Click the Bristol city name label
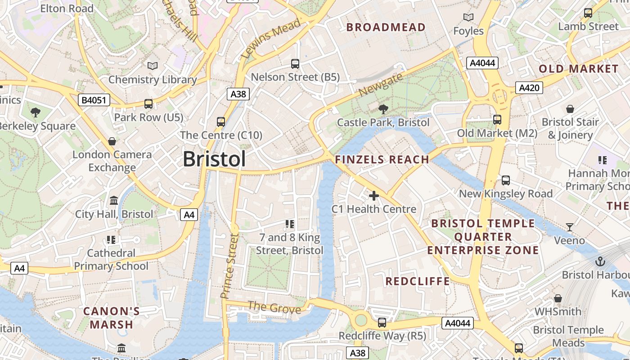(x=214, y=159)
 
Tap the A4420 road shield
(x=529, y=88)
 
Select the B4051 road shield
(x=94, y=100)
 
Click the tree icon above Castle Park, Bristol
(x=383, y=109)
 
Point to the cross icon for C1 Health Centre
(x=373, y=196)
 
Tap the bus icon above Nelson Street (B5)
(x=295, y=64)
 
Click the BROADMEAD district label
(x=386, y=27)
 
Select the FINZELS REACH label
(x=382, y=159)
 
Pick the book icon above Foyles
(x=468, y=18)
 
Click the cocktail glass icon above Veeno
(x=569, y=227)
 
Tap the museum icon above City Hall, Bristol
(x=114, y=200)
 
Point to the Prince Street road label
(x=229, y=265)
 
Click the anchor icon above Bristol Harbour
(x=600, y=261)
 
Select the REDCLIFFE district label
(x=417, y=282)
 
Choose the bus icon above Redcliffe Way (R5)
(x=382, y=322)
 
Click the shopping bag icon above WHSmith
(x=558, y=298)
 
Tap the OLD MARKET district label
(x=578, y=69)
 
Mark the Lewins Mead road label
(x=270, y=40)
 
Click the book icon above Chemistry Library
(x=153, y=66)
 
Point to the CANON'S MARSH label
(x=112, y=317)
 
